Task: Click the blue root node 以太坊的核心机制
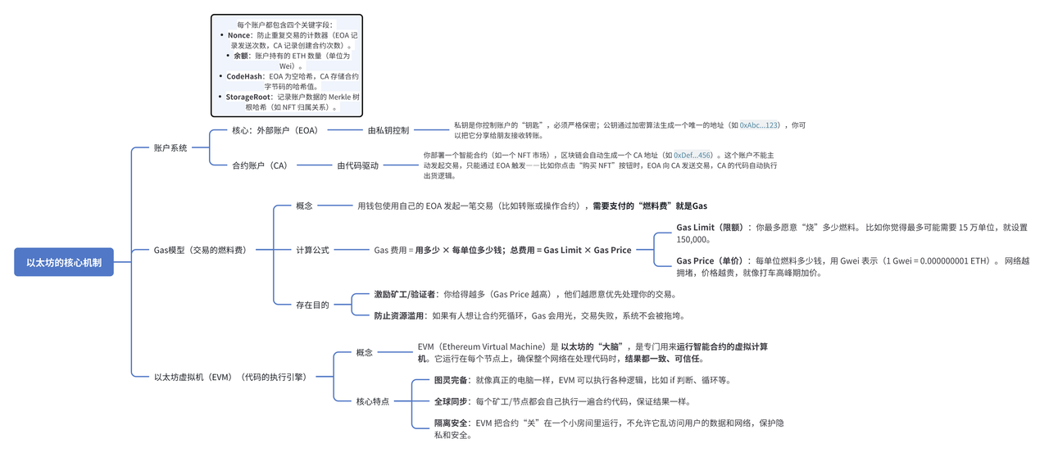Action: click(64, 262)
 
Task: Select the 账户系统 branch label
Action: click(170, 148)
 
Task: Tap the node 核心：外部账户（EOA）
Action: click(275, 130)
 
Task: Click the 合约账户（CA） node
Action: click(260, 165)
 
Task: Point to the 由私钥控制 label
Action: click(388, 130)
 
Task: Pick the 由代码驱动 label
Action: click(358, 165)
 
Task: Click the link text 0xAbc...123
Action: click(759, 125)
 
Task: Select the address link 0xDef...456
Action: click(693, 155)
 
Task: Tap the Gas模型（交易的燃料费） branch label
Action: click(201, 250)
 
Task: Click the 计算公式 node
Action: click(312, 250)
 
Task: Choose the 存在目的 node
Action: click(312, 305)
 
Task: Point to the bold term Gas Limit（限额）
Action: click(710, 228)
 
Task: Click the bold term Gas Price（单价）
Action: click(710, 260)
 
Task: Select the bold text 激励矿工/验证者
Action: click(405, 294)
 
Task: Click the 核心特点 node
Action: click(373, 401)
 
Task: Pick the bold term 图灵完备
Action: click(451, 380)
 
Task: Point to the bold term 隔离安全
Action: click(451, 423)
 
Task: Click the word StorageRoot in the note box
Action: click(248, 97)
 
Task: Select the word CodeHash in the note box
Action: click(245, 76)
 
